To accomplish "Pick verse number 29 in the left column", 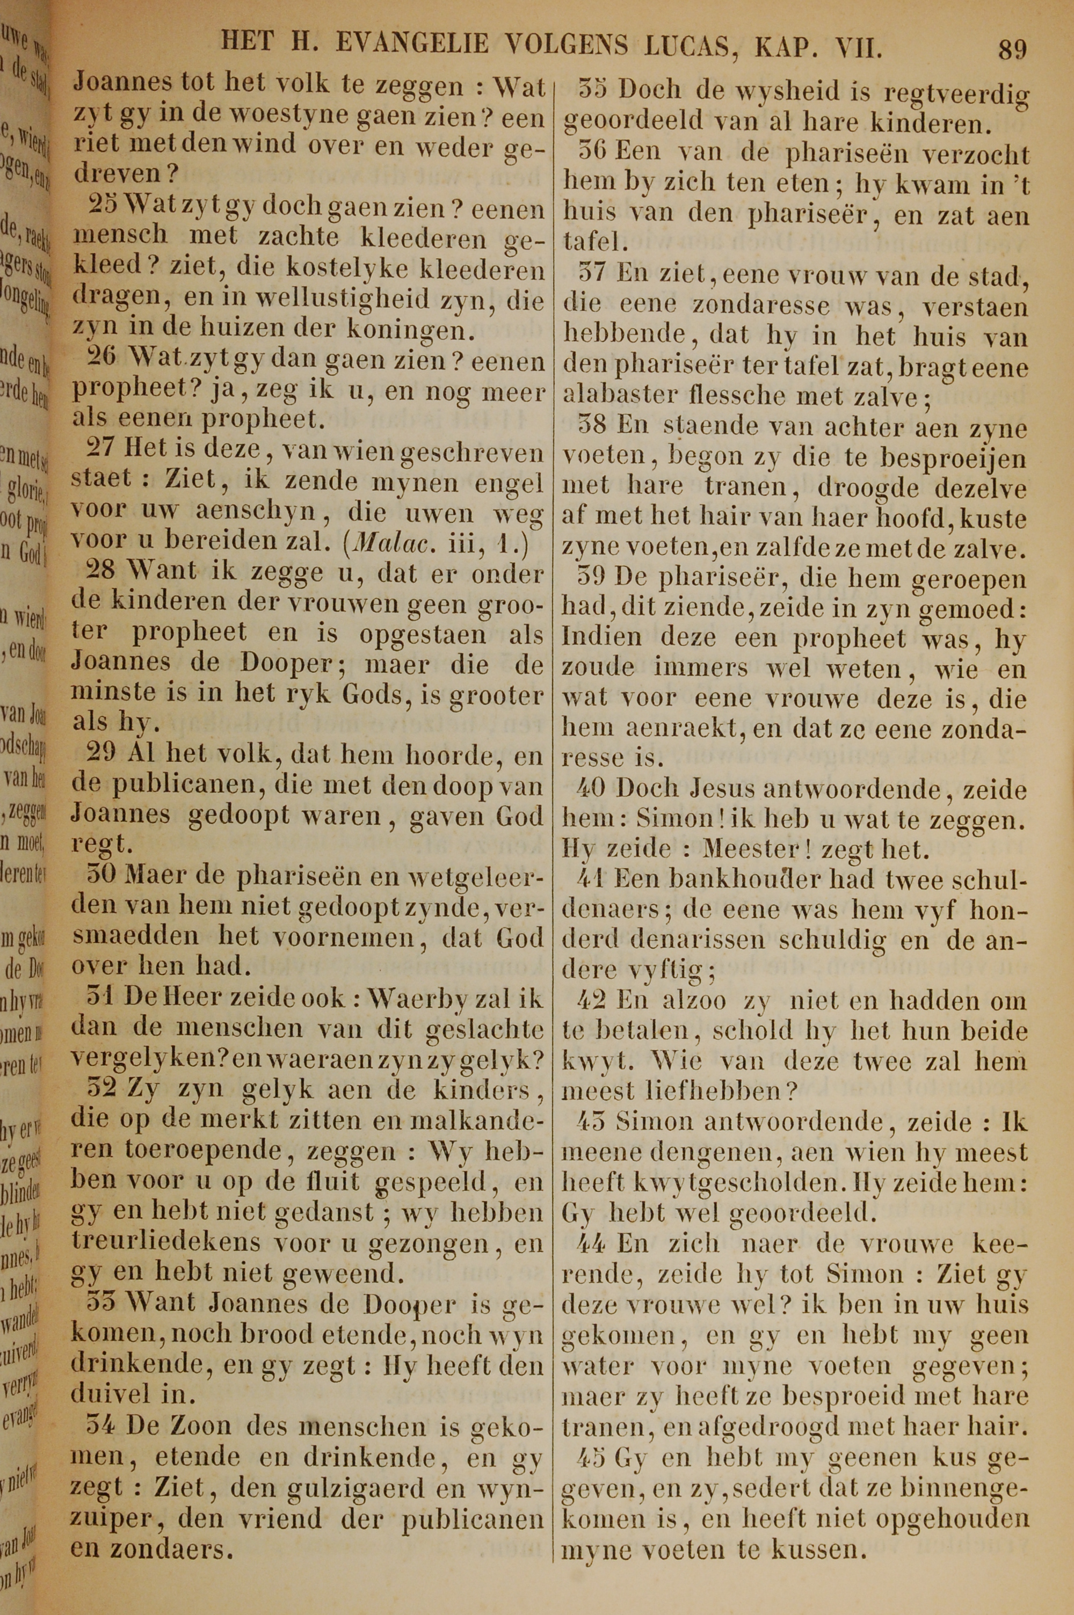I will pyautogui.click(x=104, y=754).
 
